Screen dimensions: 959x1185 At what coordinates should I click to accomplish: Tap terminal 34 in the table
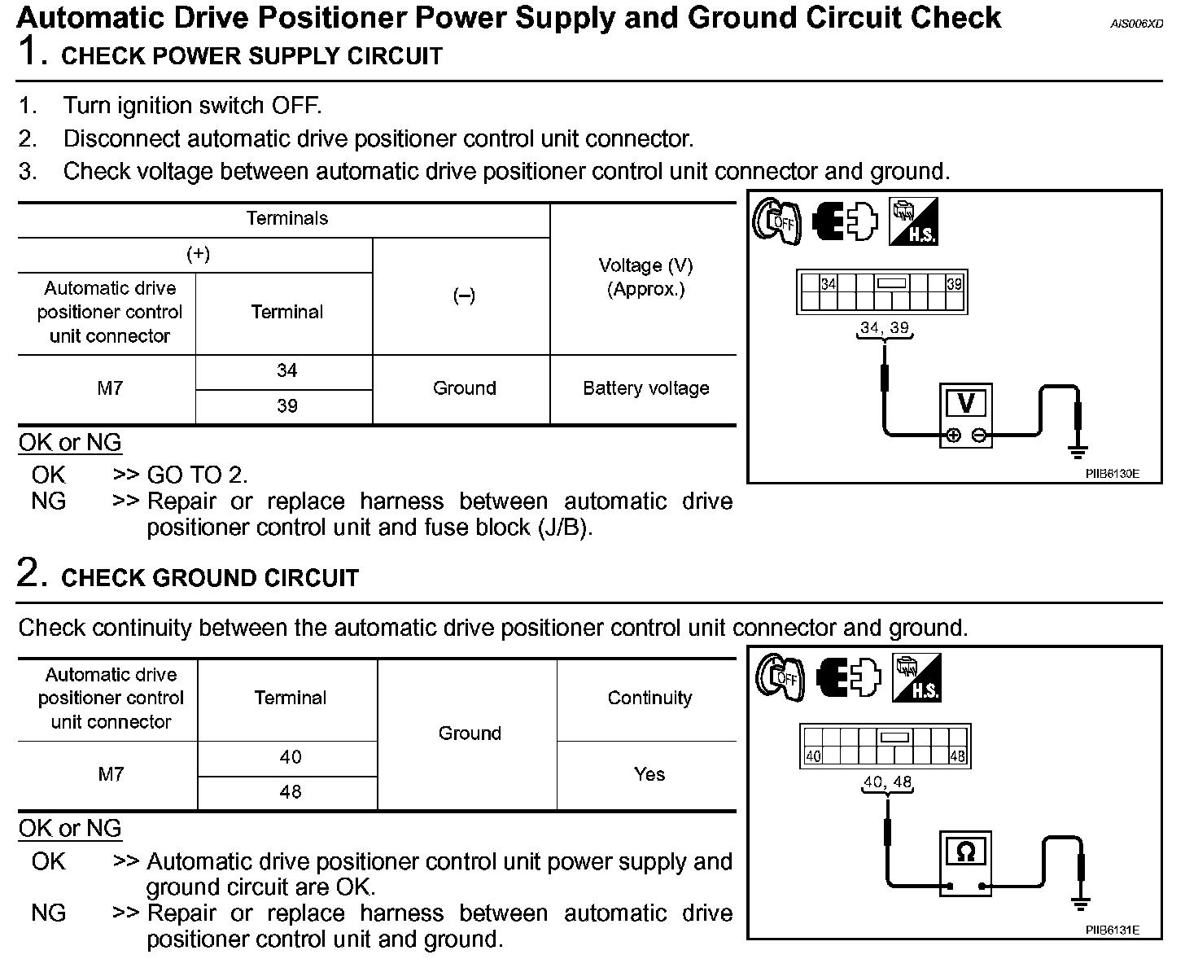tap(286, 371)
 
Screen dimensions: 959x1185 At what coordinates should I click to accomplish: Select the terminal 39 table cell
tap(286, 406)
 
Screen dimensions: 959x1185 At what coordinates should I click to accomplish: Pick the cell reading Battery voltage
tap(645, 388)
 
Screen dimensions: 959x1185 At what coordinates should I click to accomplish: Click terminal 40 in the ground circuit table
tap(290, 757)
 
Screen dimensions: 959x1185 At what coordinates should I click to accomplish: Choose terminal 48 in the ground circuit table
tap(290, 791)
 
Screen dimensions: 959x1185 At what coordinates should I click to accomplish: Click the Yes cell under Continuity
tap(649, 774)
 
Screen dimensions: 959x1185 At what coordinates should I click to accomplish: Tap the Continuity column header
tap(649, 698)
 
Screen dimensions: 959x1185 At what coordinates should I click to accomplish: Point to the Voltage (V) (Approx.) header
tap(645, 277)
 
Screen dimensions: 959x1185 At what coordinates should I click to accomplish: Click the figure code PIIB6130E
tap(1112, 473)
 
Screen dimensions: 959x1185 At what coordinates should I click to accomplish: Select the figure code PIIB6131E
tap(1112, 930)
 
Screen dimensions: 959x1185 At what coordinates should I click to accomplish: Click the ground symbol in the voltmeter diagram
tap(1078, 452)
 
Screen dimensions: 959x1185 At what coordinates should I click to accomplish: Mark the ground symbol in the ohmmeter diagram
tap(1081, 904)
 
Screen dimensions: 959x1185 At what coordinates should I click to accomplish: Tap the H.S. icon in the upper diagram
tap(913, 221)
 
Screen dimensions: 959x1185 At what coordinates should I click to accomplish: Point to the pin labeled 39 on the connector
tap(954, 284)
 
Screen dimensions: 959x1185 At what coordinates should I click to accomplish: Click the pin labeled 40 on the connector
tap(813, 756)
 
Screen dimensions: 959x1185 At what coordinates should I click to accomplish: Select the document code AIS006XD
tap(1136, 24)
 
